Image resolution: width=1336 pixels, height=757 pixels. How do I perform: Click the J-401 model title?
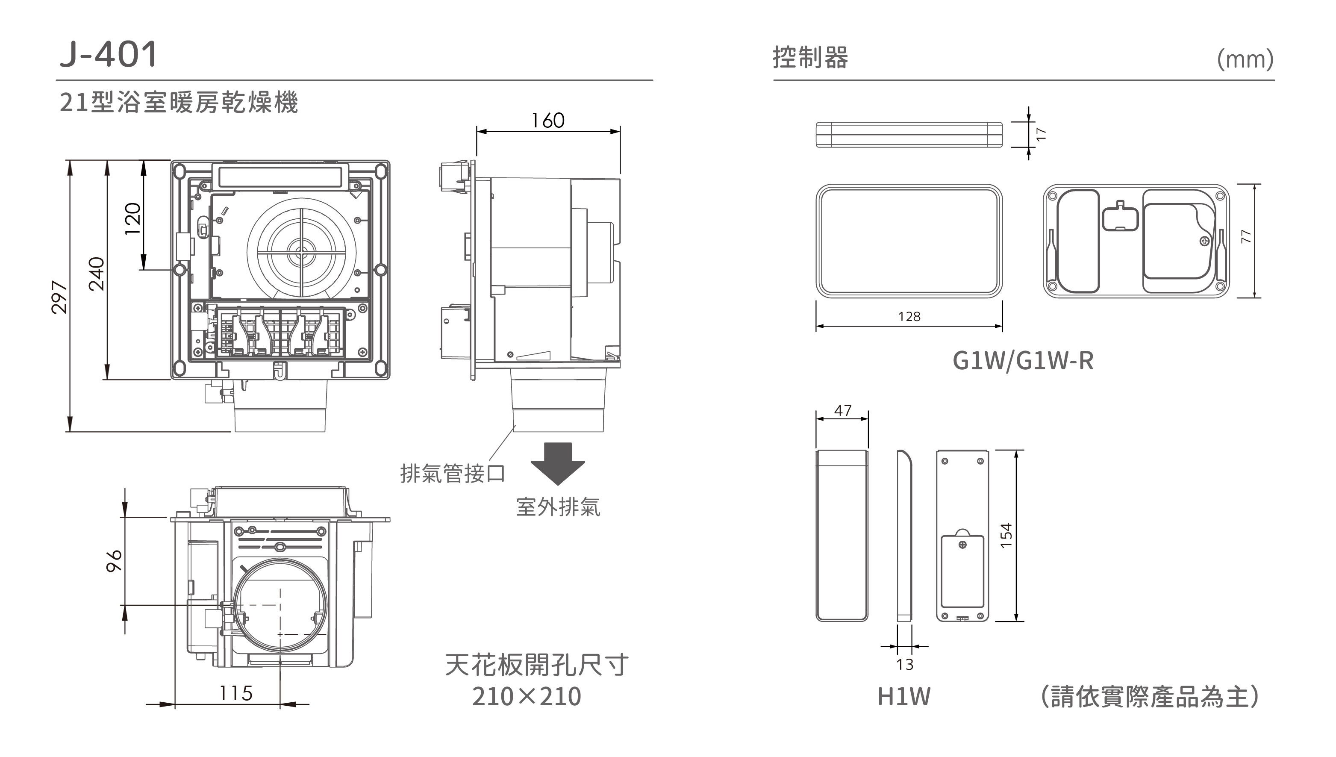[108, 54]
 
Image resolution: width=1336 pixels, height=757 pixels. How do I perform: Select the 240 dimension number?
[97, 274]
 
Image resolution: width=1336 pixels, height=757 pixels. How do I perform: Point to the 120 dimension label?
[133, 218]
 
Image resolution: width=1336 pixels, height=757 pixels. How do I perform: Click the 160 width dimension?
[548, 121]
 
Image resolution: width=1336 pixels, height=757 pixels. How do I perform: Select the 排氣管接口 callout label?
[452, 474]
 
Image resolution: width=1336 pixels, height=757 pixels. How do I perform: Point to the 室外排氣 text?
[558, 507]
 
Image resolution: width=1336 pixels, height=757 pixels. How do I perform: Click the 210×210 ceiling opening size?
[527, 697]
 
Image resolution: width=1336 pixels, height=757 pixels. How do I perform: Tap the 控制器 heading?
[810, 57]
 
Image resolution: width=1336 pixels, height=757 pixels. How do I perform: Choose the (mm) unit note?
[1245, 60]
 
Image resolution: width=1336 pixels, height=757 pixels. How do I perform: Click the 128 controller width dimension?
[909, 317]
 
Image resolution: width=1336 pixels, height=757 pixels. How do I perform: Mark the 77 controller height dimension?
[1246, 236]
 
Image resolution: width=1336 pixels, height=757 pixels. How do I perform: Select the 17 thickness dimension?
[1041, 134]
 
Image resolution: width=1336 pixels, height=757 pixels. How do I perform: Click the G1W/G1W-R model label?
[1023, 360]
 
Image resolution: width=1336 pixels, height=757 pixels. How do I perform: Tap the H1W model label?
[904, 697]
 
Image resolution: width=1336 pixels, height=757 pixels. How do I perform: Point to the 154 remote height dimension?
[1006, 535]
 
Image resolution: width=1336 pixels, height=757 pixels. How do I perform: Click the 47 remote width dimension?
[843, 411]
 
